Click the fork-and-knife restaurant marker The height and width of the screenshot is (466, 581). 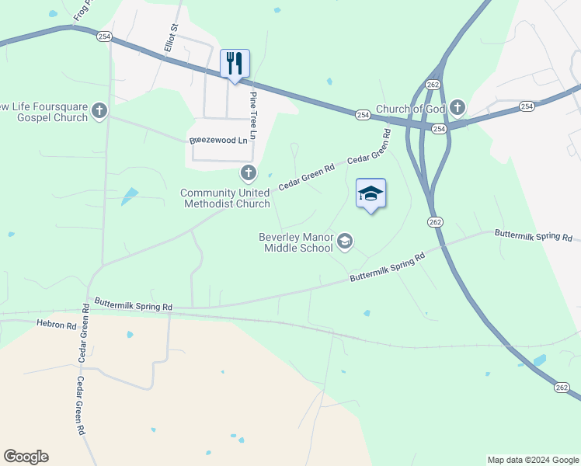(x=235, y=64)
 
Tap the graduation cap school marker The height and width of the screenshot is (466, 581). (x=371, y=193)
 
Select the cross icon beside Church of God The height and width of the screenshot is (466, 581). (x=457, y=107)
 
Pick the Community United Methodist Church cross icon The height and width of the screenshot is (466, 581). (x=248, y=172)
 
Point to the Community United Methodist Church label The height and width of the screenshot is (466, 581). (x=225, y=198)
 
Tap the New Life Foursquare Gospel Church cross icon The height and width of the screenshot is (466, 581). (x=99, y=111)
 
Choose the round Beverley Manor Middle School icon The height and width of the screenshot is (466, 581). (x=345, y=242)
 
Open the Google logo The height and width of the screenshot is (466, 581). (x=26, y=457)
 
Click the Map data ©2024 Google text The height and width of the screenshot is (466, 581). (x=531, y=460)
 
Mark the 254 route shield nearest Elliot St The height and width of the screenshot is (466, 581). (x=104, y=36)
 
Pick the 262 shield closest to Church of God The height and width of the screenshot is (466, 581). (x=433, y=84)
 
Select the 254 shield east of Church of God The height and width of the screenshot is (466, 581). (x=527, y=106)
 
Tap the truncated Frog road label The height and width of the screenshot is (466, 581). (x=82, y=10)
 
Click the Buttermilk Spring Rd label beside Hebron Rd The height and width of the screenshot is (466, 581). (x=133, y=305)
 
